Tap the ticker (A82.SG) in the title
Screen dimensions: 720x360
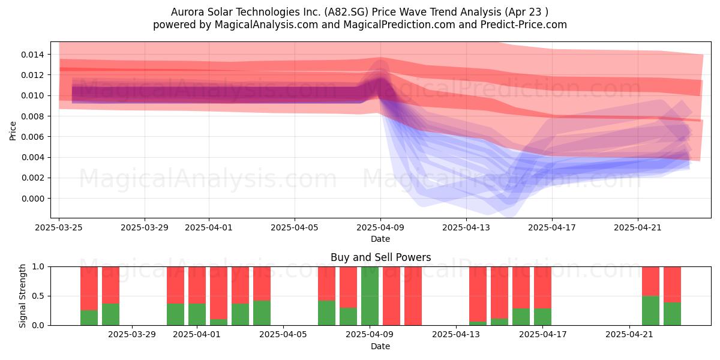click(346, 12)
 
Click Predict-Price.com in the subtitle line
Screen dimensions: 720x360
click(524, 25)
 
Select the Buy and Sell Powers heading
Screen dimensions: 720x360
click(380, 257)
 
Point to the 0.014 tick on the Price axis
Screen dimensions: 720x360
click(32, 55)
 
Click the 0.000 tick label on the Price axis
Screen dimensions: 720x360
click(32, 199)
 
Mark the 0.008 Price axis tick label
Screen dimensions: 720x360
click(32, 116)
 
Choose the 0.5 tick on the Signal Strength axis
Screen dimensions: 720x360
click(38, 296)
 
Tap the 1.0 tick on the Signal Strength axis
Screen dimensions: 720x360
click(38, 267)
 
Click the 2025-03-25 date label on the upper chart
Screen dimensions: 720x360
click(59, 227)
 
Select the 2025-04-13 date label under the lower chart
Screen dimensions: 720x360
click(456, 335)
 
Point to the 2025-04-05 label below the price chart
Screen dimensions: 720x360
click(295, 227)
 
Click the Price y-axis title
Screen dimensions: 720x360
click(13, 131)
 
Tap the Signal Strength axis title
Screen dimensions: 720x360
click(22, 296)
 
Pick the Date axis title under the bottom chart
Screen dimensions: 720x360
click(380, 347)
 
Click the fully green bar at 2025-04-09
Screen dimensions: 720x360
click(370, 296)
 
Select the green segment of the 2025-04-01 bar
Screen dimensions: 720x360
click(197, 314)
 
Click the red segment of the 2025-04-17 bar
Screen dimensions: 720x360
click(542, 287)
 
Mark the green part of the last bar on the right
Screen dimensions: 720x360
click(672, 314)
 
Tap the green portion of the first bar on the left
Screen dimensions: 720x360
click(89, 318)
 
